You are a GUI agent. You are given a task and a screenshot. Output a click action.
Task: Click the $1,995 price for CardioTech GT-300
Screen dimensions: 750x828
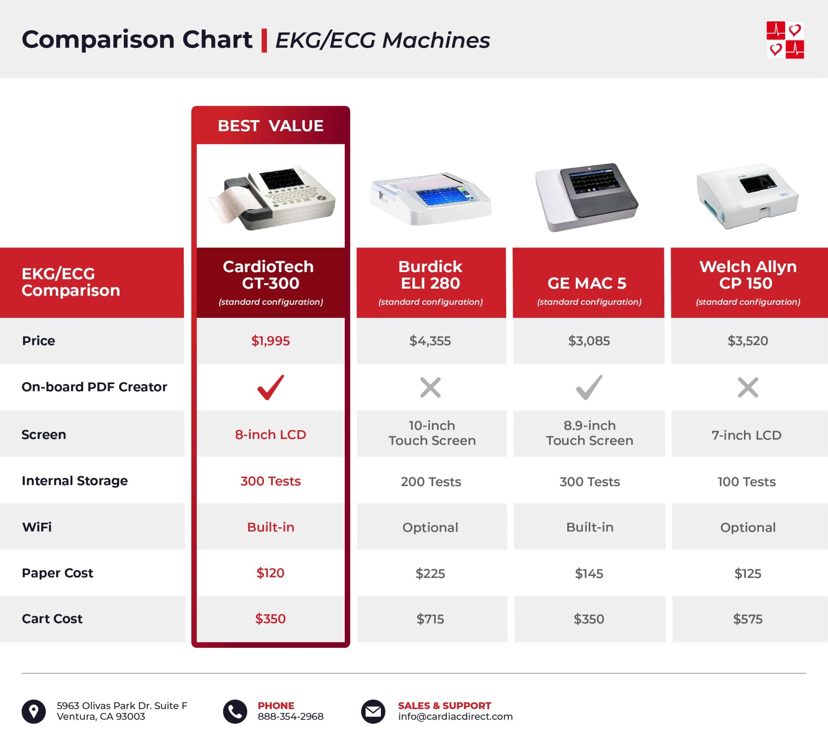pos(270,341)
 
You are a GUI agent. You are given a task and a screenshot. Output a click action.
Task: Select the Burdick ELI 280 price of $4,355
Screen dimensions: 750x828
pos(430,341)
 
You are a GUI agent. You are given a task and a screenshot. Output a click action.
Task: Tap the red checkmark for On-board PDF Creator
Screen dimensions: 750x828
pos(270,387)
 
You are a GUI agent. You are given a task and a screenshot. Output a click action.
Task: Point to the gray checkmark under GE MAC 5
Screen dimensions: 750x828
pos(589,387)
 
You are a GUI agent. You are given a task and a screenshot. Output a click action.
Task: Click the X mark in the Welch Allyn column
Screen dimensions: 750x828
pos(748,387)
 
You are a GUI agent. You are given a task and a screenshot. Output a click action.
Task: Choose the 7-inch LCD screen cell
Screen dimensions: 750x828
pos(746,435)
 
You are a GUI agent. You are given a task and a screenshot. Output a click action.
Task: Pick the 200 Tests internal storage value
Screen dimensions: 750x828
pos(431,482)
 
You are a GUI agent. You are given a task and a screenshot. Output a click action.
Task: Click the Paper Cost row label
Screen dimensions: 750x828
pos(57,573)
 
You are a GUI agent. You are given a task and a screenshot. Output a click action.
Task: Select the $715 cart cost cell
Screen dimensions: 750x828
pos(430,619)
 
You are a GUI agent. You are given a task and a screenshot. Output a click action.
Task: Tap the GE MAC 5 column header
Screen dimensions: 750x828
pos(587,283)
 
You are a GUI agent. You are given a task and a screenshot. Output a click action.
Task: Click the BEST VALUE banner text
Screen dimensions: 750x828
pos(270,126)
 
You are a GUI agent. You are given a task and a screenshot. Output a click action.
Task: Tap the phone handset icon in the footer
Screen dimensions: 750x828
pos(235,712)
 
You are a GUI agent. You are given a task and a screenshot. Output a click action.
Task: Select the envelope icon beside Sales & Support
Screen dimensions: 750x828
pos(373,712)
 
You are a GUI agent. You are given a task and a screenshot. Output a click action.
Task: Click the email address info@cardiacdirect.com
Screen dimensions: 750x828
pos(455,717)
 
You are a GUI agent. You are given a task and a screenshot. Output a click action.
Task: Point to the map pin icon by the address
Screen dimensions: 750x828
pos(34,712)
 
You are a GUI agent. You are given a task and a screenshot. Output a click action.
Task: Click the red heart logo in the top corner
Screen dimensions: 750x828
pos(785,40)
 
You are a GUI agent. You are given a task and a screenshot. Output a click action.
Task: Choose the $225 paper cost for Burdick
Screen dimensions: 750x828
pos(430,573)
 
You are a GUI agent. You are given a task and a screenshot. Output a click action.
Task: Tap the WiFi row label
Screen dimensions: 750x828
pos(37,527)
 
